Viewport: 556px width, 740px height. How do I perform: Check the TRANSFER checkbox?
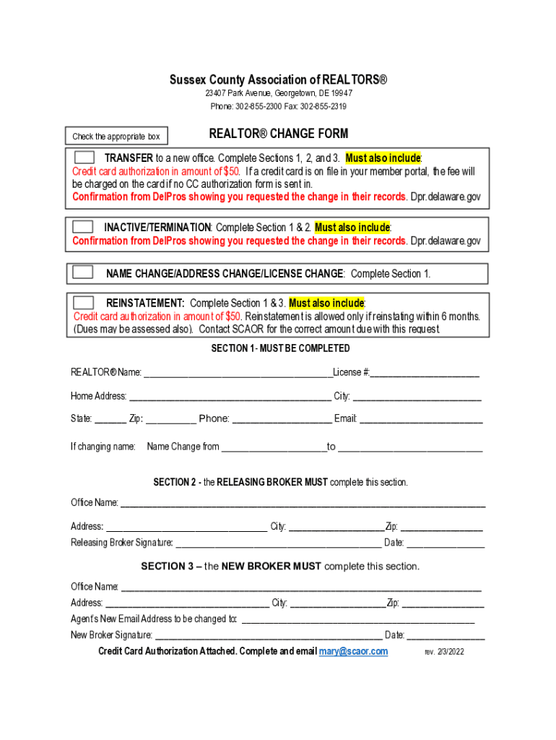[x=84, y=158]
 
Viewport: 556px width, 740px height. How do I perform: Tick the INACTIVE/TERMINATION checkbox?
[x=83, y=227]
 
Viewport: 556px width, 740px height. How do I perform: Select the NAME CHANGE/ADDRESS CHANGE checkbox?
[x=83, y=272]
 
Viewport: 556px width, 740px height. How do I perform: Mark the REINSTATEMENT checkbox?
[x=84, y=302]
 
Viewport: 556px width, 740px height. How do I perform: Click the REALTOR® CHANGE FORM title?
[x=278, y=134]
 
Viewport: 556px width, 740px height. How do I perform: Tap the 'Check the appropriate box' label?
[x=116, y=137]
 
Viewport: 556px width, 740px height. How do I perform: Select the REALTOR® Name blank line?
[x=238, y=373]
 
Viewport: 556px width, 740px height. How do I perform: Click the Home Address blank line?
[x=230, y=397]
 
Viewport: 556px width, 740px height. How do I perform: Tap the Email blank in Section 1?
[x=421, y=419]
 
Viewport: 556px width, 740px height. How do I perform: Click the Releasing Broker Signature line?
[x=278, y=543]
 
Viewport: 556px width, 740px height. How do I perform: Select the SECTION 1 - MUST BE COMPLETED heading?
[x=280, y=348]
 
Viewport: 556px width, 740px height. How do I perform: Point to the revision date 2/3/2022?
[x=444, y=652]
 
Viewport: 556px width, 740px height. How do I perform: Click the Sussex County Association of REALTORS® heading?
[x=278, y=79]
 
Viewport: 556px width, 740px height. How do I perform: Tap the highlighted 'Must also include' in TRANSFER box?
[x=383, y=158]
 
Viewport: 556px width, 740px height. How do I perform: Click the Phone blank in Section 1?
[x=282, y=419]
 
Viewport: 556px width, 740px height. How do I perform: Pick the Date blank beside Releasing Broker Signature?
[x=445, y=543]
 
